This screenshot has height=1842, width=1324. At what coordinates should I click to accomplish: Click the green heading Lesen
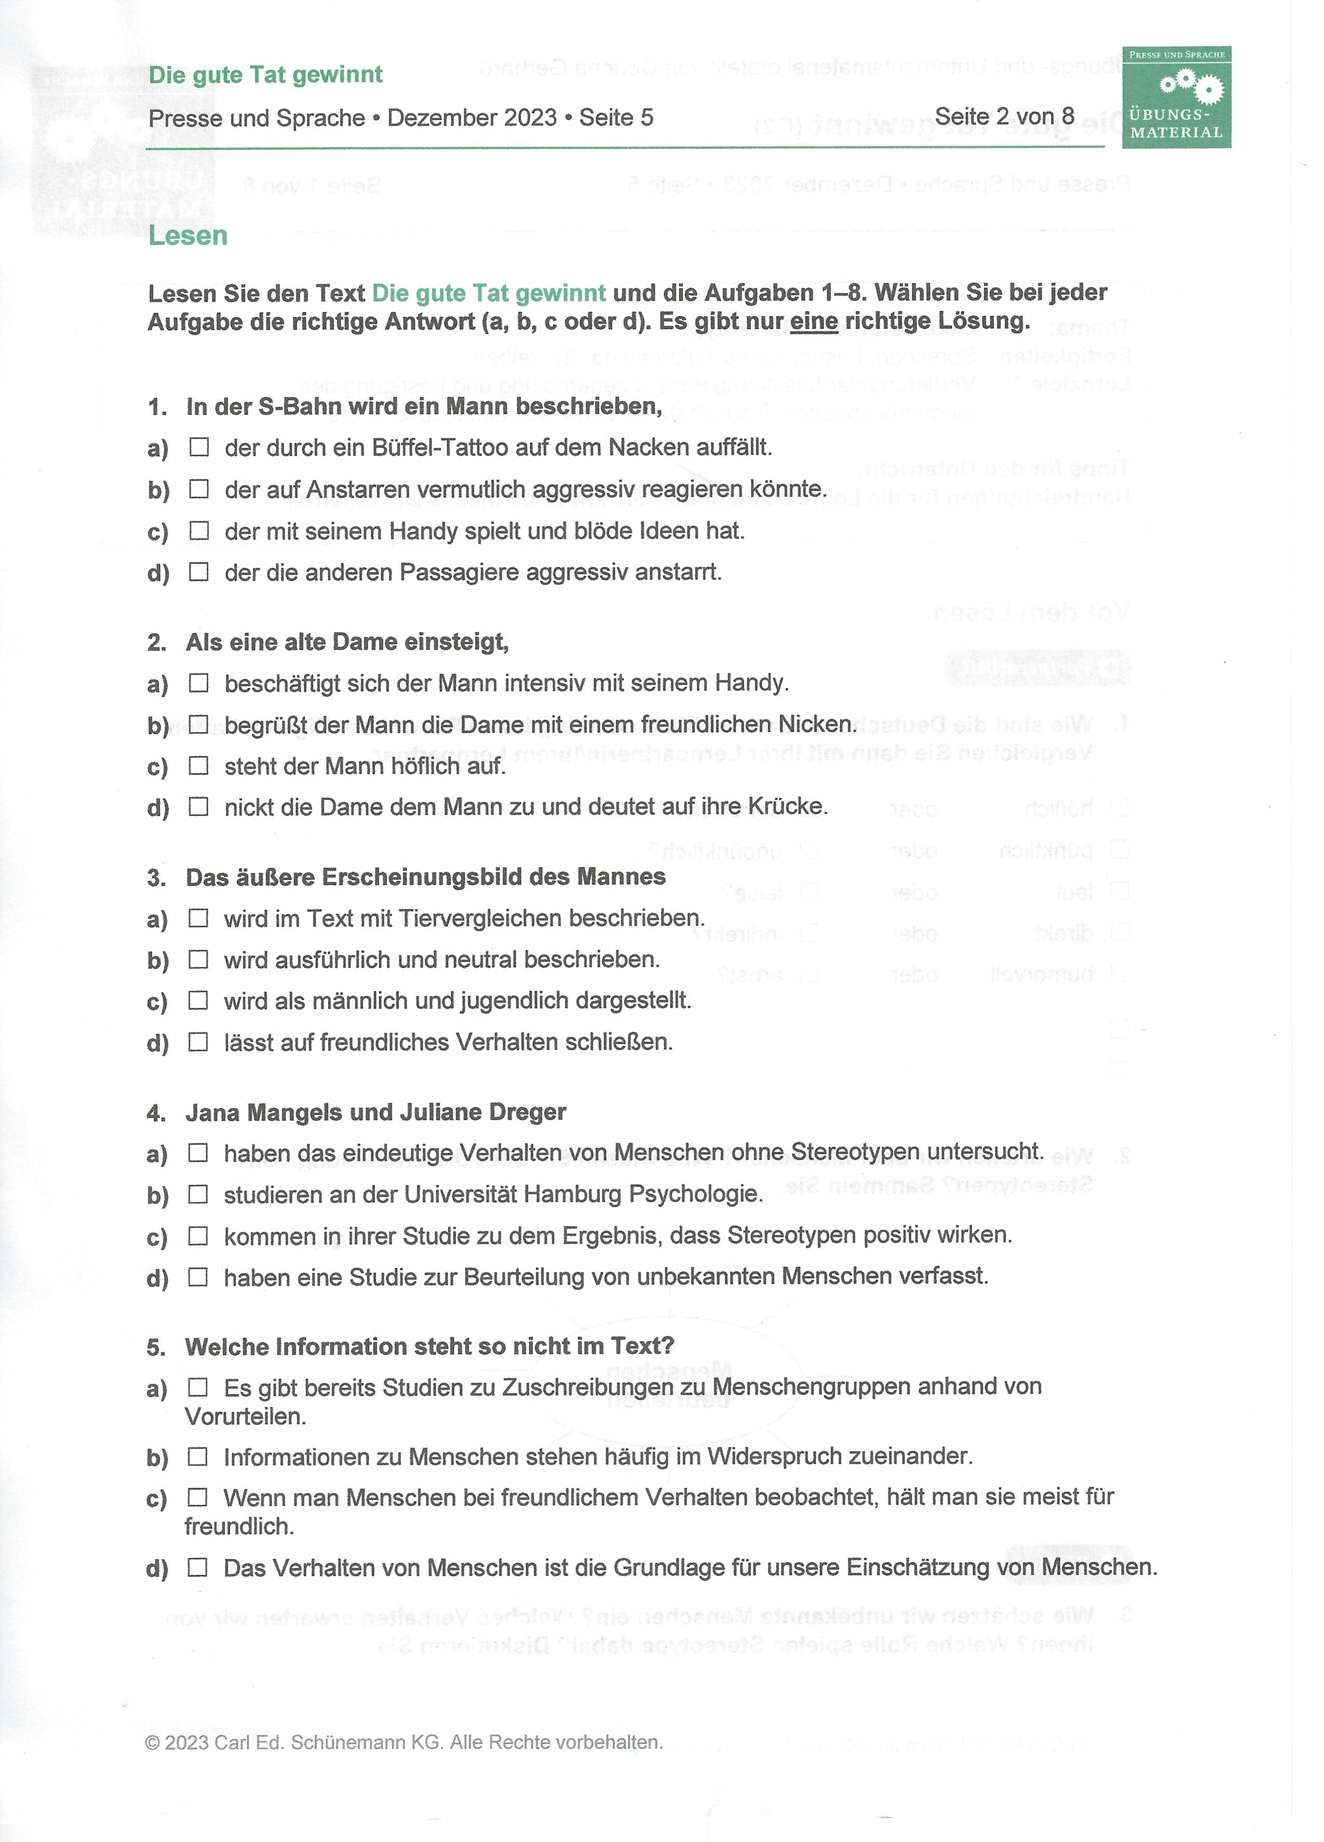coord(187,236)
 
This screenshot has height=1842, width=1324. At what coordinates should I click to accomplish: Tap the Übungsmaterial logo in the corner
coord(1176,98)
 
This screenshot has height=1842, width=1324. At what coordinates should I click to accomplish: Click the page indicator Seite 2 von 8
coord(1004,117)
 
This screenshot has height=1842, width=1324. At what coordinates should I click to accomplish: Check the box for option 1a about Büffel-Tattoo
coord(199,447)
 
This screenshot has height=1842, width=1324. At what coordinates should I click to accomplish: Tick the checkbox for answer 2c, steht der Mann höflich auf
coord(199,765)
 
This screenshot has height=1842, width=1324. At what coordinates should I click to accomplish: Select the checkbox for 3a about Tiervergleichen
coord(199,918)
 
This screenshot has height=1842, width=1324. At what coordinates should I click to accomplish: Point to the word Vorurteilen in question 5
coord(245,1417)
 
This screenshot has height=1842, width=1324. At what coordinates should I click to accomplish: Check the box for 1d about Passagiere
coord(199,572)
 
